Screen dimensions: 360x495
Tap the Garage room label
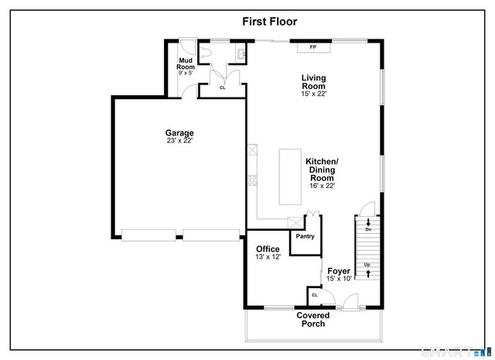click(x=179, y=132)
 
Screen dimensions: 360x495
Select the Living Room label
click(x=313, y=81)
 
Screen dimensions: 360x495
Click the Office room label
click(x=268, y=249)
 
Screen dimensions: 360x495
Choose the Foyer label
click(x=339, y=271)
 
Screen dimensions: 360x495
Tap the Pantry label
click(x=304, y=236)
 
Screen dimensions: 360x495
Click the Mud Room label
click(x=186, y=63)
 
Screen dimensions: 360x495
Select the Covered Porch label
click(x=313, y=319)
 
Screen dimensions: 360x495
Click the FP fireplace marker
click(x=313, y=48)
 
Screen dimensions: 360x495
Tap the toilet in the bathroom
click(x=204, y=52)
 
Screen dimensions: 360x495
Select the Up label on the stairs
click(x=368, y=264)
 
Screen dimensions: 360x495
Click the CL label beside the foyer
click(x=315, y=295)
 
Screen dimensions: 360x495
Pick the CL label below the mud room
click(x=222, y=87)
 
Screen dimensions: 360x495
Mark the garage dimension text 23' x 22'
click(x=179, y=141)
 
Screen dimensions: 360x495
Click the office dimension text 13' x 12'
click(x=268, y=257)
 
